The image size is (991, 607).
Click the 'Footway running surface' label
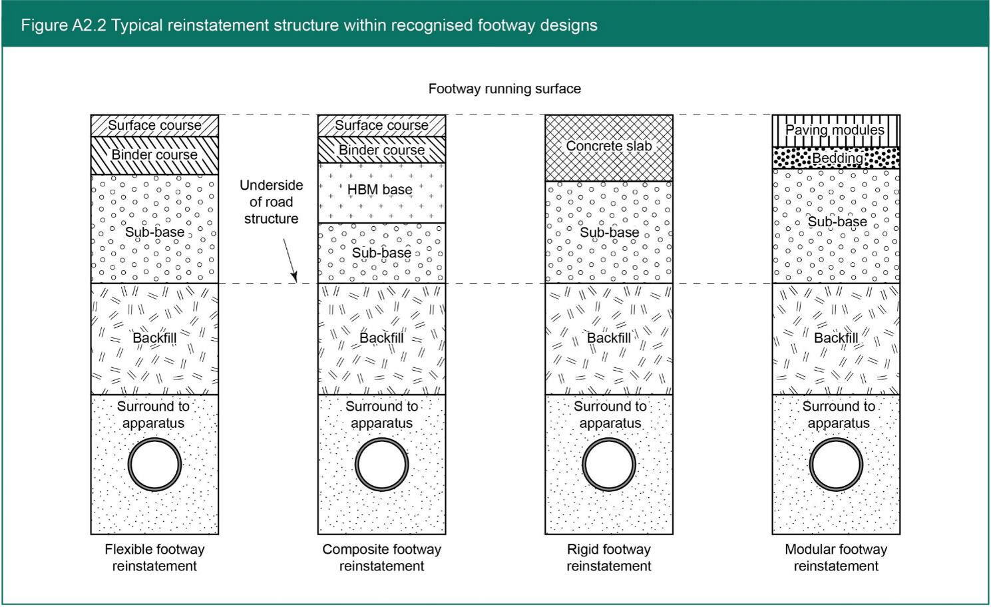tap(504, 89)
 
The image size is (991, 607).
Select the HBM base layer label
tap(380, 190)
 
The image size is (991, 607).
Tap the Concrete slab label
tap(609, 146)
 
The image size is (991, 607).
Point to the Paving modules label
tap(835, 130)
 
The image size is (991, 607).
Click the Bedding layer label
tap(837, 158)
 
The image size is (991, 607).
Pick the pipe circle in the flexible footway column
tap(154, 464)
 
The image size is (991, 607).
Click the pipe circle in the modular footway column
tap(836, 464)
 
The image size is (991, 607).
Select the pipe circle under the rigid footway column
tap(609, 464)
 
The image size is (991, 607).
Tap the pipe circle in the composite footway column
tap(381, 464)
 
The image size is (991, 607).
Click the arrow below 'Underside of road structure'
tap(290, 260)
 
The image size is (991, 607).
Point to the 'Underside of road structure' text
tap(271, 202)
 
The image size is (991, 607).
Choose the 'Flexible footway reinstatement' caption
tap(154, 558)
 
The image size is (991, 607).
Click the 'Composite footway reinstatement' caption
tap(381, 558)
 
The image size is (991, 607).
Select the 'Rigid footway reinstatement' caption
tap(609, 558)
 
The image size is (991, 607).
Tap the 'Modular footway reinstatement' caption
tap(836, 558)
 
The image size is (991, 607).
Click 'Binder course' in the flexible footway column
tap(154, 154)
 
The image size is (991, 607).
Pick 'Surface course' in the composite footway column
tap(381, 125)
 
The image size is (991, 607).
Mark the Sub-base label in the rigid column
tap(609, 232)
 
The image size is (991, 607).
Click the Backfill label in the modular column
tap(836, 338)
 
